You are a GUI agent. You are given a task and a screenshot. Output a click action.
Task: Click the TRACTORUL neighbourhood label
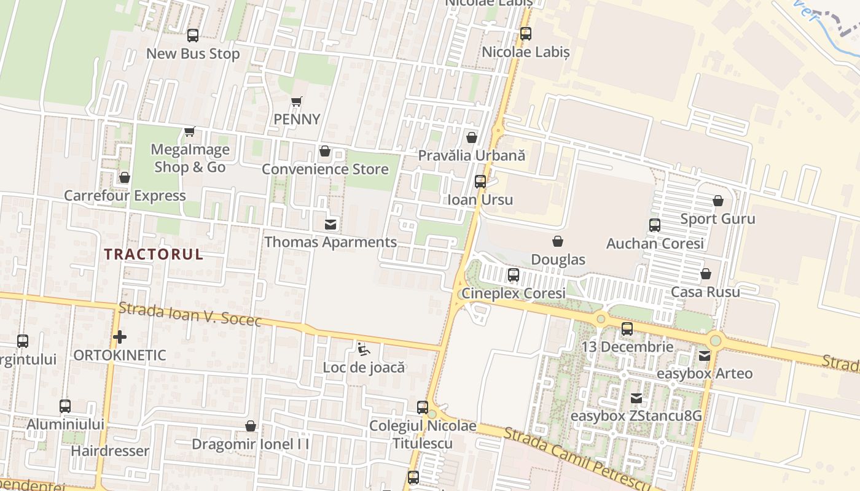(154, 254)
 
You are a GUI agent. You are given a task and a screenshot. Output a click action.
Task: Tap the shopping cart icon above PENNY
(297, 101)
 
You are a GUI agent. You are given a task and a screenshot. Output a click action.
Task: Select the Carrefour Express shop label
(125, 196)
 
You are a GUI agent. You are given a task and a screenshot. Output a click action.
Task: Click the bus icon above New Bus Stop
(193, 36)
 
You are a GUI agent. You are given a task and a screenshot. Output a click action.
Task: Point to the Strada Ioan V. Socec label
(190, 314)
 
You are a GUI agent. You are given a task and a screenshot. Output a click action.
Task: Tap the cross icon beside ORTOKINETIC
(120, 337)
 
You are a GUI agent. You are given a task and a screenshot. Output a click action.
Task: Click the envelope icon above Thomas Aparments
(330, 224)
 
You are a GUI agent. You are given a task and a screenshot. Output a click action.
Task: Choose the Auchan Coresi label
(655, 244)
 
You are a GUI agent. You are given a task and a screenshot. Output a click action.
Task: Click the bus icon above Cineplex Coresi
(514, 275)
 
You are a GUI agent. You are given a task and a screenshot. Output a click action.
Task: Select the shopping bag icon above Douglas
(558, 241)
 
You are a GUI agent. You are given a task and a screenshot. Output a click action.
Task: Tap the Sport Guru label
(717, 219)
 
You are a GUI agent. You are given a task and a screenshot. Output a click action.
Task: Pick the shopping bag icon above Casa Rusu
(706, 274)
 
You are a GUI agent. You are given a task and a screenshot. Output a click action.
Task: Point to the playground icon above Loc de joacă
(364, 350)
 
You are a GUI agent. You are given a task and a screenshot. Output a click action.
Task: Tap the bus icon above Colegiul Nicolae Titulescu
(423, 407)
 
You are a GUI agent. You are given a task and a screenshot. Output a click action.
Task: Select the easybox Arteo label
(705, 373)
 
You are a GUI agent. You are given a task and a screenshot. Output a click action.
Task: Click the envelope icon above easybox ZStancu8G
(636, 398)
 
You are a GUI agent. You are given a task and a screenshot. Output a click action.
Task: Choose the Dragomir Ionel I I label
(250, 444)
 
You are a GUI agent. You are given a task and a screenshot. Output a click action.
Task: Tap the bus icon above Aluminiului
(65, 406)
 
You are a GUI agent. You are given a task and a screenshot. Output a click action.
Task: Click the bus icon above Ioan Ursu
(480, 182)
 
